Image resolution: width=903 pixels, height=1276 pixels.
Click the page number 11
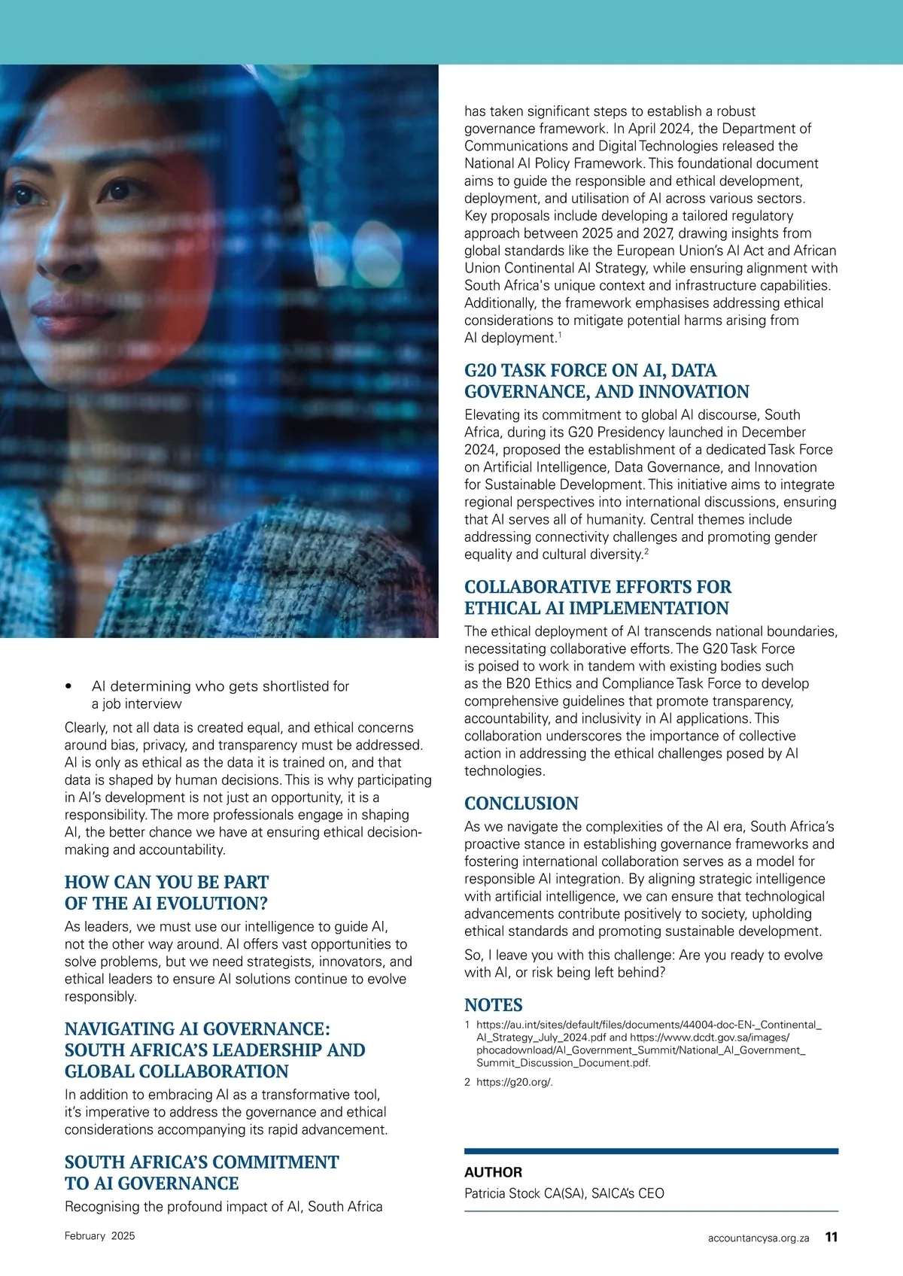coord(831,1236)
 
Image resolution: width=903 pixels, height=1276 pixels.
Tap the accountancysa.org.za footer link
coord(758,1238)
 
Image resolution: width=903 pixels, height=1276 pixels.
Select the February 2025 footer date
coord(99,1235)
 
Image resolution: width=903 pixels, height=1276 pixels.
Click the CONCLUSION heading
coord(521,803)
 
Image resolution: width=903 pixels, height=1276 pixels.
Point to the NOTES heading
coord(493,1004)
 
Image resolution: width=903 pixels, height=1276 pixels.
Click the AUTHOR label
coord(493,1171)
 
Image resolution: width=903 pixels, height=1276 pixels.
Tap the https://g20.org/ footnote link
coord(514,1082)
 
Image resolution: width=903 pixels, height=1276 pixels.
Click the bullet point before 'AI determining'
coord(69,686)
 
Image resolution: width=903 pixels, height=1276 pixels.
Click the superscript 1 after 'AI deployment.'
coord(559,334)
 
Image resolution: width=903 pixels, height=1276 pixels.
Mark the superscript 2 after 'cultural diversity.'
coord(646,551)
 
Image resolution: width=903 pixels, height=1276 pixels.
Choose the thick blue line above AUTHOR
coord(651,1150)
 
